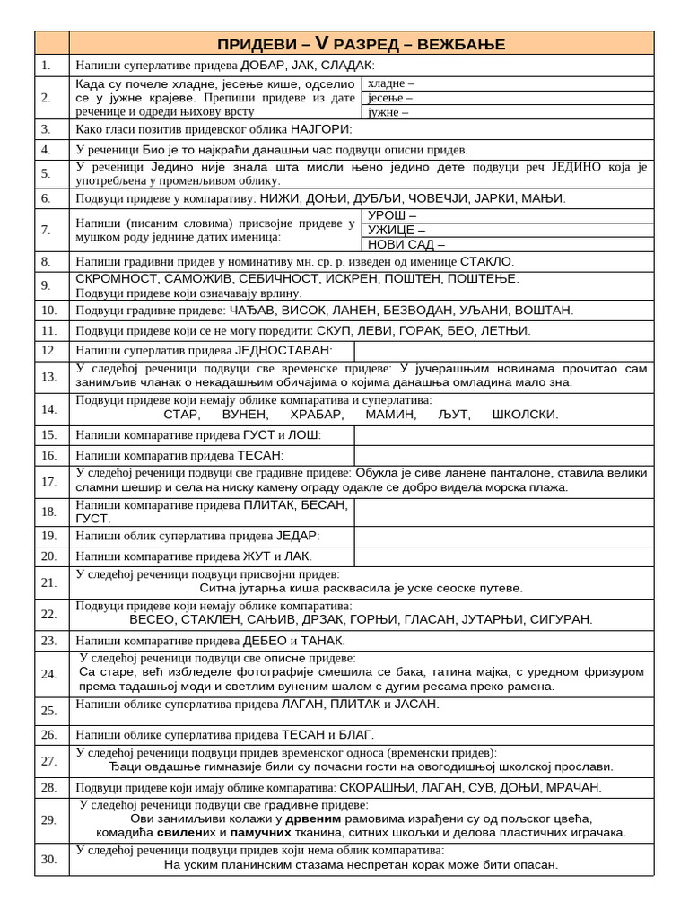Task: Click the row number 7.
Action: pos(46,230)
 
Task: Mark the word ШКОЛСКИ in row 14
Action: pos(525,415)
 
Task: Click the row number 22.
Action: pos(48,614)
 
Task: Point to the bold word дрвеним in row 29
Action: pos(313,818)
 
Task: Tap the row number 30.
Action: pos(48,859)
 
